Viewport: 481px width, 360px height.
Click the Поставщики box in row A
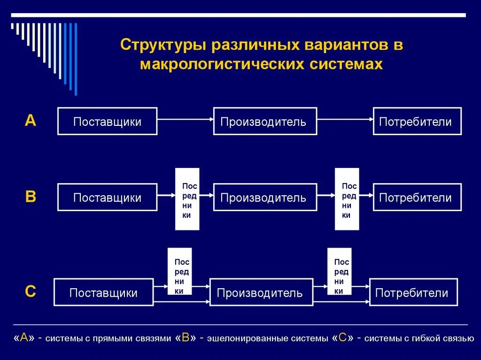tap(107, 122)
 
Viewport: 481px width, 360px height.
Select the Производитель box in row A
tap(265, 122)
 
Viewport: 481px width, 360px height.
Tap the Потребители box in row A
tap(417, 122)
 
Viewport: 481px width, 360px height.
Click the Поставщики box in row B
tap(107, 197)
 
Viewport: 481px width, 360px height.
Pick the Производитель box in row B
tap(265, 197)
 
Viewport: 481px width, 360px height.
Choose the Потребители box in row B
tap(417, 197)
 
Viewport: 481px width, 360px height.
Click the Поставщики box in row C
tap(103, 292)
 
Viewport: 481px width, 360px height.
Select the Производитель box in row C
tap(261, 292)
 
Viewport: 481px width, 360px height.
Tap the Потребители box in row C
tap(413, 292)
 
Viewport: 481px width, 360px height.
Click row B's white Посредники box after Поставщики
tap(187, 199)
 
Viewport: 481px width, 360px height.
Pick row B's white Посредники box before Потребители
tap(347, 199)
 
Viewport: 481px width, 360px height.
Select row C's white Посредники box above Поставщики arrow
tap(179, 271)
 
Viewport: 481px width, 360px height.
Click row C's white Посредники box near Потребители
tap(339, 271)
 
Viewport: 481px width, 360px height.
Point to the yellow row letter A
tap(30, 121)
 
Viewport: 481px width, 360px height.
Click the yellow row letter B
tap(30, 197)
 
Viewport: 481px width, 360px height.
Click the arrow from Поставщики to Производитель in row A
tap(185, 120)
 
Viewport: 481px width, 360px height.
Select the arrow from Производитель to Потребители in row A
tap(345, 120)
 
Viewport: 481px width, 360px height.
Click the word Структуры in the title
tap(163, 46)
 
